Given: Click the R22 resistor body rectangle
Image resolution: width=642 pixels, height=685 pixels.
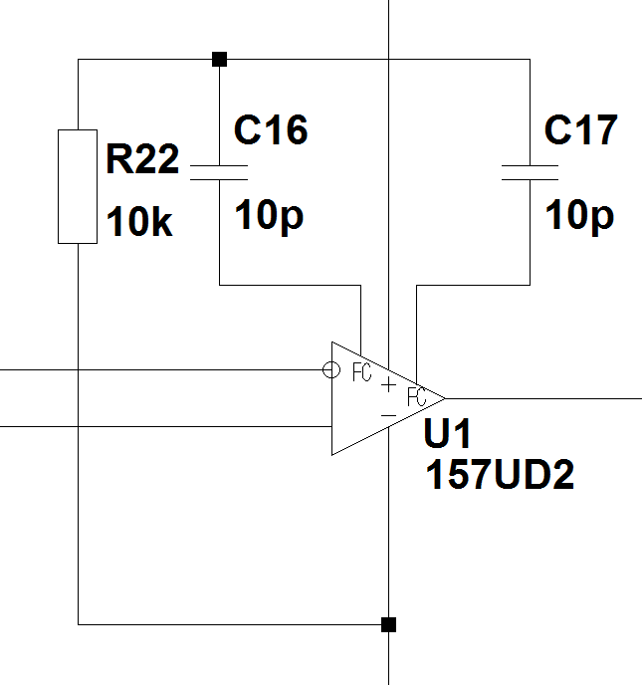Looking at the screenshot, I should (77, 186).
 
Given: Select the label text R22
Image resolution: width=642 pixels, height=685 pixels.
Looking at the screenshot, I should (142, 159).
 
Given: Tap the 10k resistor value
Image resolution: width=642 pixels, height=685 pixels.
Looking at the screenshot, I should (139, 224).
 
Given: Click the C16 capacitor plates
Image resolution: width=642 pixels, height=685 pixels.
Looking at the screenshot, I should (218, 171).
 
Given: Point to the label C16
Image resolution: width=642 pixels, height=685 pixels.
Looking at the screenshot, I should (271, 129).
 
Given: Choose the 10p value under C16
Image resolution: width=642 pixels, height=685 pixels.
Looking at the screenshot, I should (269, 214).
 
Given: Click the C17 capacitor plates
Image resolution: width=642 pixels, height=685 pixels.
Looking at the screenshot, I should (531, 171).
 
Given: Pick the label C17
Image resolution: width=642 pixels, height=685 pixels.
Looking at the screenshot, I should (581, 129).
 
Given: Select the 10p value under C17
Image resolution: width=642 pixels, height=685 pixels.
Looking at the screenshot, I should (579, 214).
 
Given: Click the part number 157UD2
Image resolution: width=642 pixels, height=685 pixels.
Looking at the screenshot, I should (500, 476).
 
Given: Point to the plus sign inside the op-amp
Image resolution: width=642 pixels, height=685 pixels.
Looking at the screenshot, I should (388, 384).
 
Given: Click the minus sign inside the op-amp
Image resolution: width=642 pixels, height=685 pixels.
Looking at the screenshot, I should (388, 413).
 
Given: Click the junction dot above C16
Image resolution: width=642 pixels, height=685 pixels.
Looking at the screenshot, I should (219, 60).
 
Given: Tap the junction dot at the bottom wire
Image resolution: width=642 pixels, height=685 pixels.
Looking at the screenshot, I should (388, 624).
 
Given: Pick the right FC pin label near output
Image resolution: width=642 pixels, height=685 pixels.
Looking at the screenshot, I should (417, 393).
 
